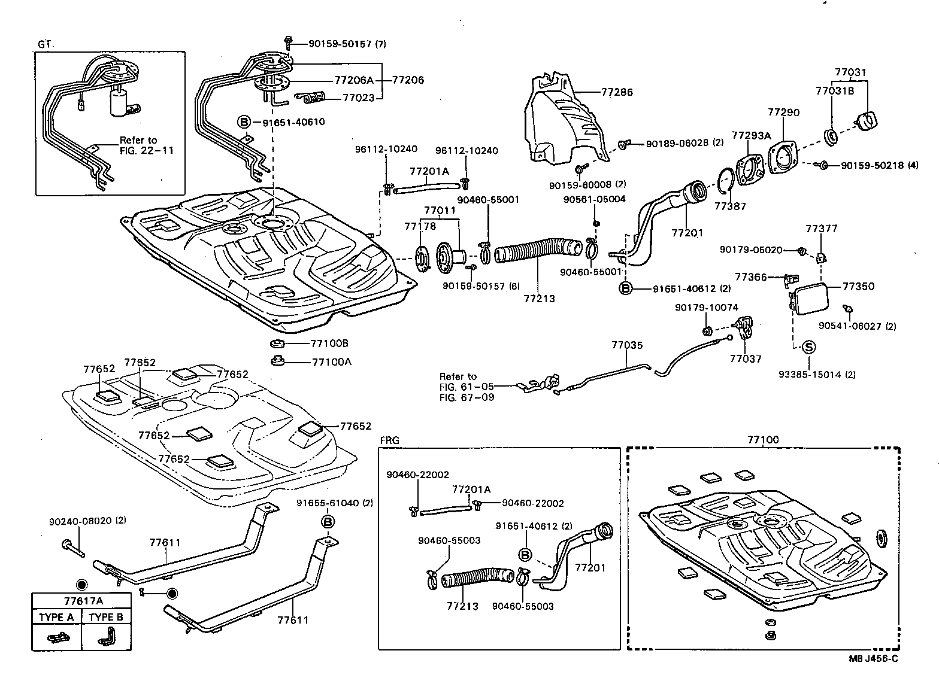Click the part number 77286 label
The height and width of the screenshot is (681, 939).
pyautogui.click(x=617, y=93)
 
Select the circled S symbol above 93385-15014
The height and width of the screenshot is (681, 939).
pyautogui.click(x=807, y=346)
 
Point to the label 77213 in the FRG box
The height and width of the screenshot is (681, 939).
pyautogui.click(x=462, y=606)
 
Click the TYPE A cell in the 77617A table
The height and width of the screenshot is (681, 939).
pyautogui.click(x=56, y=618)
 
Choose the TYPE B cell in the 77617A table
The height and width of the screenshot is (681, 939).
pyautogui.click(x=106, y=618)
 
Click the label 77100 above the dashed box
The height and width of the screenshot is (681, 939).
pyautogui.click(x=763, y=440)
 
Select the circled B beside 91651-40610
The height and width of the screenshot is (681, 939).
pyautogui.click(x=244, y=122)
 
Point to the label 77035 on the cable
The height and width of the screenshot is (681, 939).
pyautogui.click(x=627, y=345)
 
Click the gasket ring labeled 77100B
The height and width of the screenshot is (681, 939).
pyautogui.click(x=278, y=344)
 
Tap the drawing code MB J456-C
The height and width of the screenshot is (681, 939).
pyautogui.click(x=873, y=658)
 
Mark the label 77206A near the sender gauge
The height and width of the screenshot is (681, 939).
pyautogui.click(x=353, y=80)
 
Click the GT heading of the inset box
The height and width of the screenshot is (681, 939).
pyautogui.click(x=44, y=44)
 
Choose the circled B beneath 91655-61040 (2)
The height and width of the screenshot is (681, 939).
pyautogui.click(x=328, y=522)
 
